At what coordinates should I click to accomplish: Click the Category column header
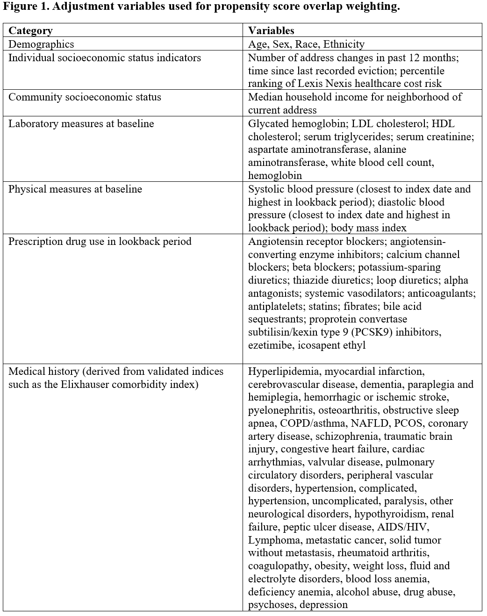pyautogui.click(x=30, y=31)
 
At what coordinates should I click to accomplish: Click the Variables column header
pyautogui.click(x=271, y=31)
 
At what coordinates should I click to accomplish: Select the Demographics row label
pyautogui.click(x=41, y=44)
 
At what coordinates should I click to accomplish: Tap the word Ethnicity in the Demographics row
pyautogui.click(x=344, y=44)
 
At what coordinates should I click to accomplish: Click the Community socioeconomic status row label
pyautogui.click(x=85, y=97)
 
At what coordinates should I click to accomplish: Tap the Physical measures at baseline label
pyautogui.click(x=75, y=189)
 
